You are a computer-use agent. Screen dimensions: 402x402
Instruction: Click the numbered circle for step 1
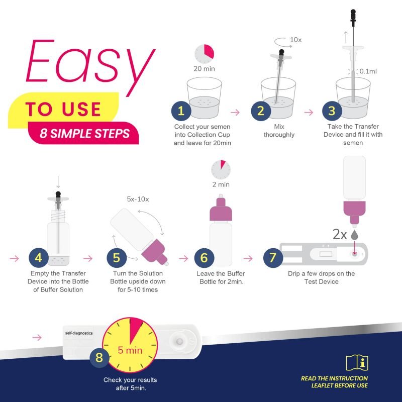click(181, 111)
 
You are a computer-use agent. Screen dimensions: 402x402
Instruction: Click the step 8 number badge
click(99, 358)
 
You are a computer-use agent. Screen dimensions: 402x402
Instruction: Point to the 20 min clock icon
click(205, 52)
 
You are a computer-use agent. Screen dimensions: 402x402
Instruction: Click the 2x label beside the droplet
click(339, 234)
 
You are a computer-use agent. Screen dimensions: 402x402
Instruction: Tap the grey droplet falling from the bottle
click(355, 235)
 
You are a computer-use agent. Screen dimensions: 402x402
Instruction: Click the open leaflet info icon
click(357, 363)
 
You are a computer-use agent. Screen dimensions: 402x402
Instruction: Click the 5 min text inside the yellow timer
click(130, 350)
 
